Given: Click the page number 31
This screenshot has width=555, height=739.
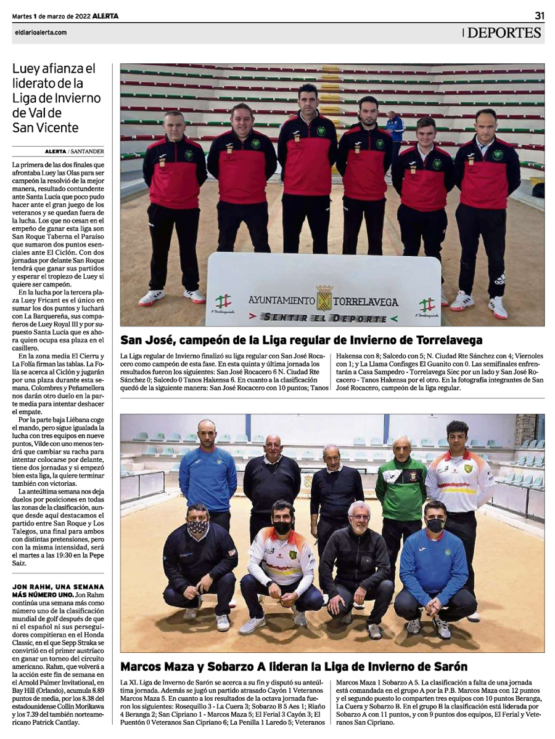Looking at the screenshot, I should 539,15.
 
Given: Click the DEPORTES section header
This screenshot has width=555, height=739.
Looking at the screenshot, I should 504,33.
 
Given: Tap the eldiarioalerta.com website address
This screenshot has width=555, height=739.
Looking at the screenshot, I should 39,33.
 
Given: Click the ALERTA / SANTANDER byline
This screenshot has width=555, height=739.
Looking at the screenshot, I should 75,151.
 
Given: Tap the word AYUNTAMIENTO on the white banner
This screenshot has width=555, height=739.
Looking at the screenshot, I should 280,302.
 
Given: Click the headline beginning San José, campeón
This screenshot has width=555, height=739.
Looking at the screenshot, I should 301,341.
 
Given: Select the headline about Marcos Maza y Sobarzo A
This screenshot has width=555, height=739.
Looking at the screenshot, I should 294,666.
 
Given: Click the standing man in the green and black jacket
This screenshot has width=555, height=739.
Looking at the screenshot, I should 401,487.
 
